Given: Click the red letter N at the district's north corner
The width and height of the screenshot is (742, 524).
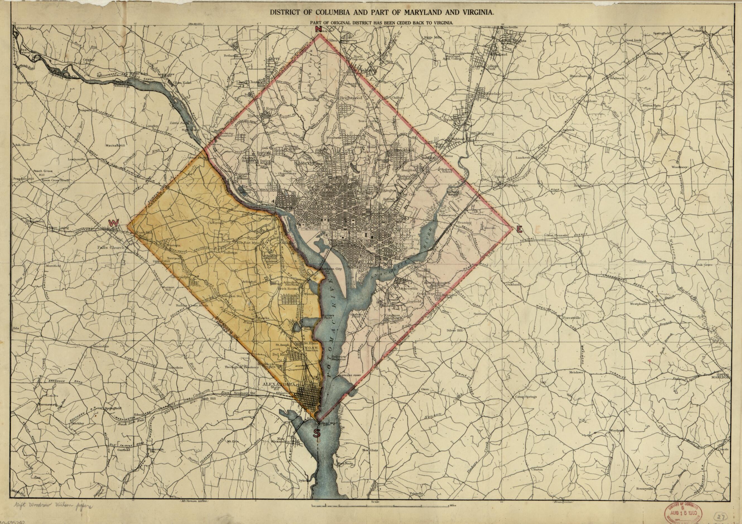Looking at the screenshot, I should (318, 29).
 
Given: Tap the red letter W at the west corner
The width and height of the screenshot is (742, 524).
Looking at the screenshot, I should (113, 223).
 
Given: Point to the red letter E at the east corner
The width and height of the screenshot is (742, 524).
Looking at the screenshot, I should (519, 230).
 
